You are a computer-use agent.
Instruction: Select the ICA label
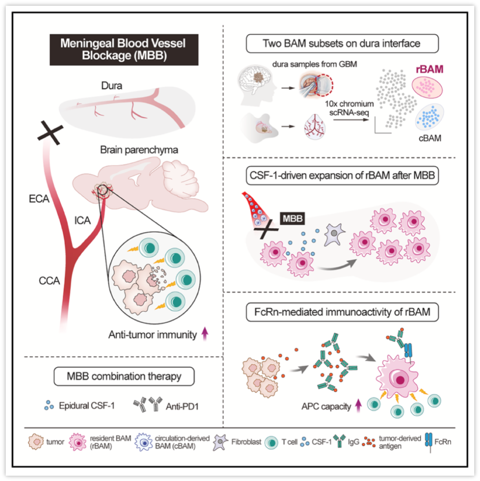click(82, 221)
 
